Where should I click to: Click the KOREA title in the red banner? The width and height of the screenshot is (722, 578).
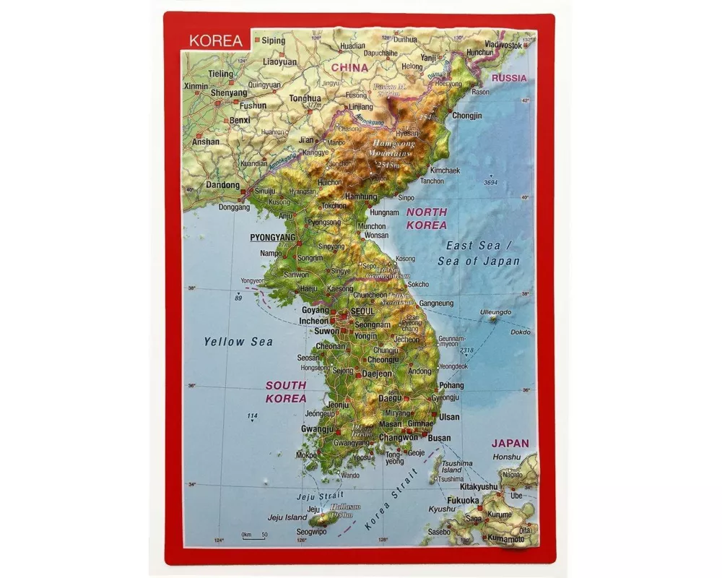tap(216, 40)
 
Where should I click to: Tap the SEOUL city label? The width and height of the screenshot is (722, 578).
tap(363, 311)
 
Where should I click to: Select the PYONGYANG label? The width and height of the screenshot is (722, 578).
tap(272, 237)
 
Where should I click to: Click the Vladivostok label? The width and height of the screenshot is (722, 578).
tap(503, 45)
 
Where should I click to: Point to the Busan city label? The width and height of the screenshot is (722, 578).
tap(439, 438)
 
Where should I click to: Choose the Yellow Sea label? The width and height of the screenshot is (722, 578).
tap(238, 342)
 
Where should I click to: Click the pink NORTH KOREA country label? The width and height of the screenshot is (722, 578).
tap(426, 218)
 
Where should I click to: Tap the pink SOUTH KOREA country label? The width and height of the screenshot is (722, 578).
tap(286, 392)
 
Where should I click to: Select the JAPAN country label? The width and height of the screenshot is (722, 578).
tap(510, 444)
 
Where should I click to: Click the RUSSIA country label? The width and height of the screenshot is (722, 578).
tap(509, 77)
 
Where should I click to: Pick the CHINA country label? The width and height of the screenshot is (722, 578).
tap(349, 67)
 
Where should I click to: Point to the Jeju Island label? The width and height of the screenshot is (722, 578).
tap(287, 517)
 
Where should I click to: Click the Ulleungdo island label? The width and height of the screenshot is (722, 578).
tap(495, 313)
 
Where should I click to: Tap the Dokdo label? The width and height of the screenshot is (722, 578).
tap(520, 332)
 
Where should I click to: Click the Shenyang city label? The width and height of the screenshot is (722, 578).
tap(229, 92)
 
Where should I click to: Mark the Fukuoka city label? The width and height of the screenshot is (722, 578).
tap(463, 500)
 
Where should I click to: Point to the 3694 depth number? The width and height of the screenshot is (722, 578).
tap(491, 183)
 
